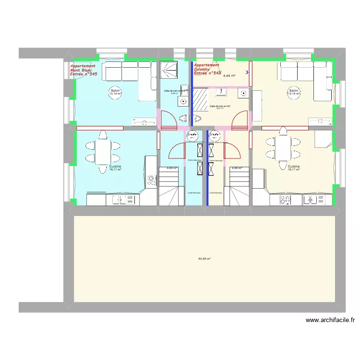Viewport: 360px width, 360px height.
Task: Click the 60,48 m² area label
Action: [x=204, y=259]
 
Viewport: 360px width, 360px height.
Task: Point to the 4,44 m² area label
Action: [x=229, y=76]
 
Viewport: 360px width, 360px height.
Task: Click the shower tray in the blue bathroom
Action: [x=168, y=72]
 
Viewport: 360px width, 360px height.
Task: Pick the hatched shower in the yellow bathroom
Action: [x=200, y=99]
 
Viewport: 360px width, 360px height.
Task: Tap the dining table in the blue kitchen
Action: [x=103, y=152]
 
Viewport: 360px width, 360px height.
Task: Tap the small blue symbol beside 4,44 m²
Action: [x=247, y=72]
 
